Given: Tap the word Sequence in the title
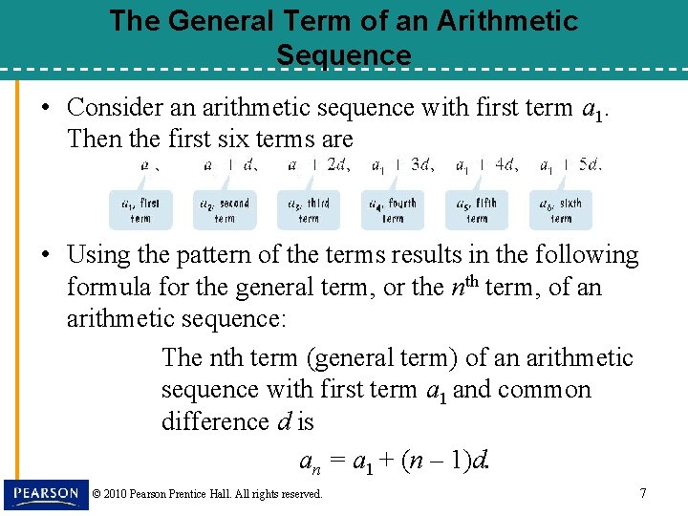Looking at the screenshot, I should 344,55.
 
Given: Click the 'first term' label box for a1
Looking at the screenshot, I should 140,210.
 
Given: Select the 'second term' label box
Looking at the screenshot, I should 225,210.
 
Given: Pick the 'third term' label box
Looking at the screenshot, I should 308,210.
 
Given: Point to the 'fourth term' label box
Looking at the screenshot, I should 392,210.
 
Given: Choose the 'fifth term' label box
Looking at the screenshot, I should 476,210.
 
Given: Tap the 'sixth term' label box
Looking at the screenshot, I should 560,210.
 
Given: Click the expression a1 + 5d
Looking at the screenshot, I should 570,164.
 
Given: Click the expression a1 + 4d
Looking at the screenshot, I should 486,164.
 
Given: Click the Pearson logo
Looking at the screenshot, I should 46,494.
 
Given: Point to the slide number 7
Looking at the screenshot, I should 642,493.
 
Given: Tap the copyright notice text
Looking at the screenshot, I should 207,494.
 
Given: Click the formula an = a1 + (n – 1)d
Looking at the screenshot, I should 395,462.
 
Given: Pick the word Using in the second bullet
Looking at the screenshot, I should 98,255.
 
